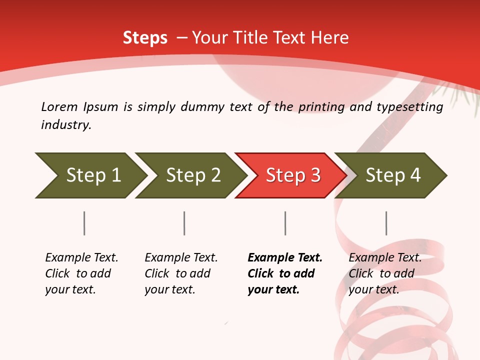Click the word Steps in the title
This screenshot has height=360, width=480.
145,38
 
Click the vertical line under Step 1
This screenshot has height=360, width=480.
84,223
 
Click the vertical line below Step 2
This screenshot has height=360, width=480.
184,223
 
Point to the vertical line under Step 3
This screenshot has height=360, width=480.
285,223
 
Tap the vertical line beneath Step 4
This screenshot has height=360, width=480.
386,223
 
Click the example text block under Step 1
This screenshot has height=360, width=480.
81,273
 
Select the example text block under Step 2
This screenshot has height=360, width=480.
181,273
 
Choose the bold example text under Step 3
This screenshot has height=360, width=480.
285,273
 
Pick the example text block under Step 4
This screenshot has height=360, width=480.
385,273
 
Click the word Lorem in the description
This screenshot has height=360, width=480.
59,106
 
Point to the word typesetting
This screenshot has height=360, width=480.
409,107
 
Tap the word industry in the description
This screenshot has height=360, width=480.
66,125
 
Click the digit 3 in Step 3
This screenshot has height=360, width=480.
315,175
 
